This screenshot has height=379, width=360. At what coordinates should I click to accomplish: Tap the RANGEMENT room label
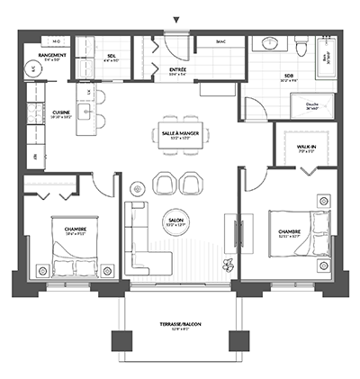[45, 56]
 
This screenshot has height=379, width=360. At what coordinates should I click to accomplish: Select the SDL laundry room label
[111, 56]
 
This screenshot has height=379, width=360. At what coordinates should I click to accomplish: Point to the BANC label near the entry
[221, 41]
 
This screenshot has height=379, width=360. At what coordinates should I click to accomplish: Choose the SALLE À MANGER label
[177, 132]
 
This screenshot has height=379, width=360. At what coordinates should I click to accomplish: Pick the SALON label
[176, 220]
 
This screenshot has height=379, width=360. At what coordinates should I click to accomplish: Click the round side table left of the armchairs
[138, 187]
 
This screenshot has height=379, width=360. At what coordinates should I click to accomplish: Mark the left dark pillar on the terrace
[121, 341]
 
